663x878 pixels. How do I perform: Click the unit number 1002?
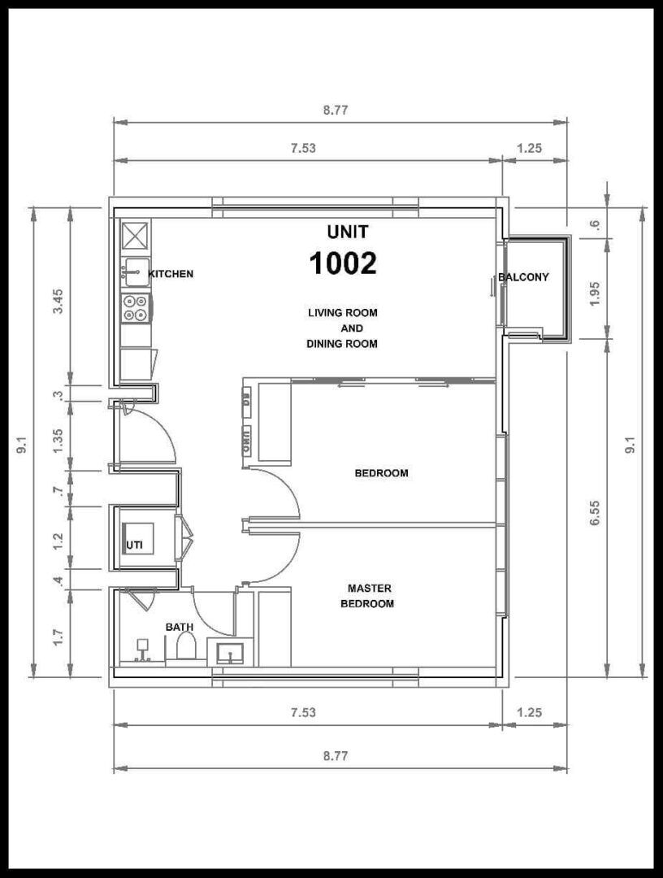[343, 263]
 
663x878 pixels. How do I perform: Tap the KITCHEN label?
[171, 274]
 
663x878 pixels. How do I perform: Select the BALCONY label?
[524, 276]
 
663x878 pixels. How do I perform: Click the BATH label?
[180, 627]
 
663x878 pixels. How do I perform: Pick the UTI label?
[134, 545]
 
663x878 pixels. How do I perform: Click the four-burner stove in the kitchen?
[136, 307]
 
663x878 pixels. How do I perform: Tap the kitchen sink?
[136, 272]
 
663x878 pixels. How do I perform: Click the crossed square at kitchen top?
[136, 235]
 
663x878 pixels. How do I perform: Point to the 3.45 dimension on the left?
[58, 301]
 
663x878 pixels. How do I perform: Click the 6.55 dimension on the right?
[595, 512]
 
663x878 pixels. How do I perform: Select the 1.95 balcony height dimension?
[595, 293]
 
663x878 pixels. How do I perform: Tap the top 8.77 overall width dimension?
[335, 111]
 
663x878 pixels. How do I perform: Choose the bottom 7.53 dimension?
[303, 712]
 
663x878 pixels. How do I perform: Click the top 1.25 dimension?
[529, 148]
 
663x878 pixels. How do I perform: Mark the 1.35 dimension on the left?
[58, 441]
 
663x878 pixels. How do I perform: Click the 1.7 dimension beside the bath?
[58, 637]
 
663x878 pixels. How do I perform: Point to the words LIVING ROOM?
[342, 312]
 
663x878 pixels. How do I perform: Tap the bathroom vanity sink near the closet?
[230, 652]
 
